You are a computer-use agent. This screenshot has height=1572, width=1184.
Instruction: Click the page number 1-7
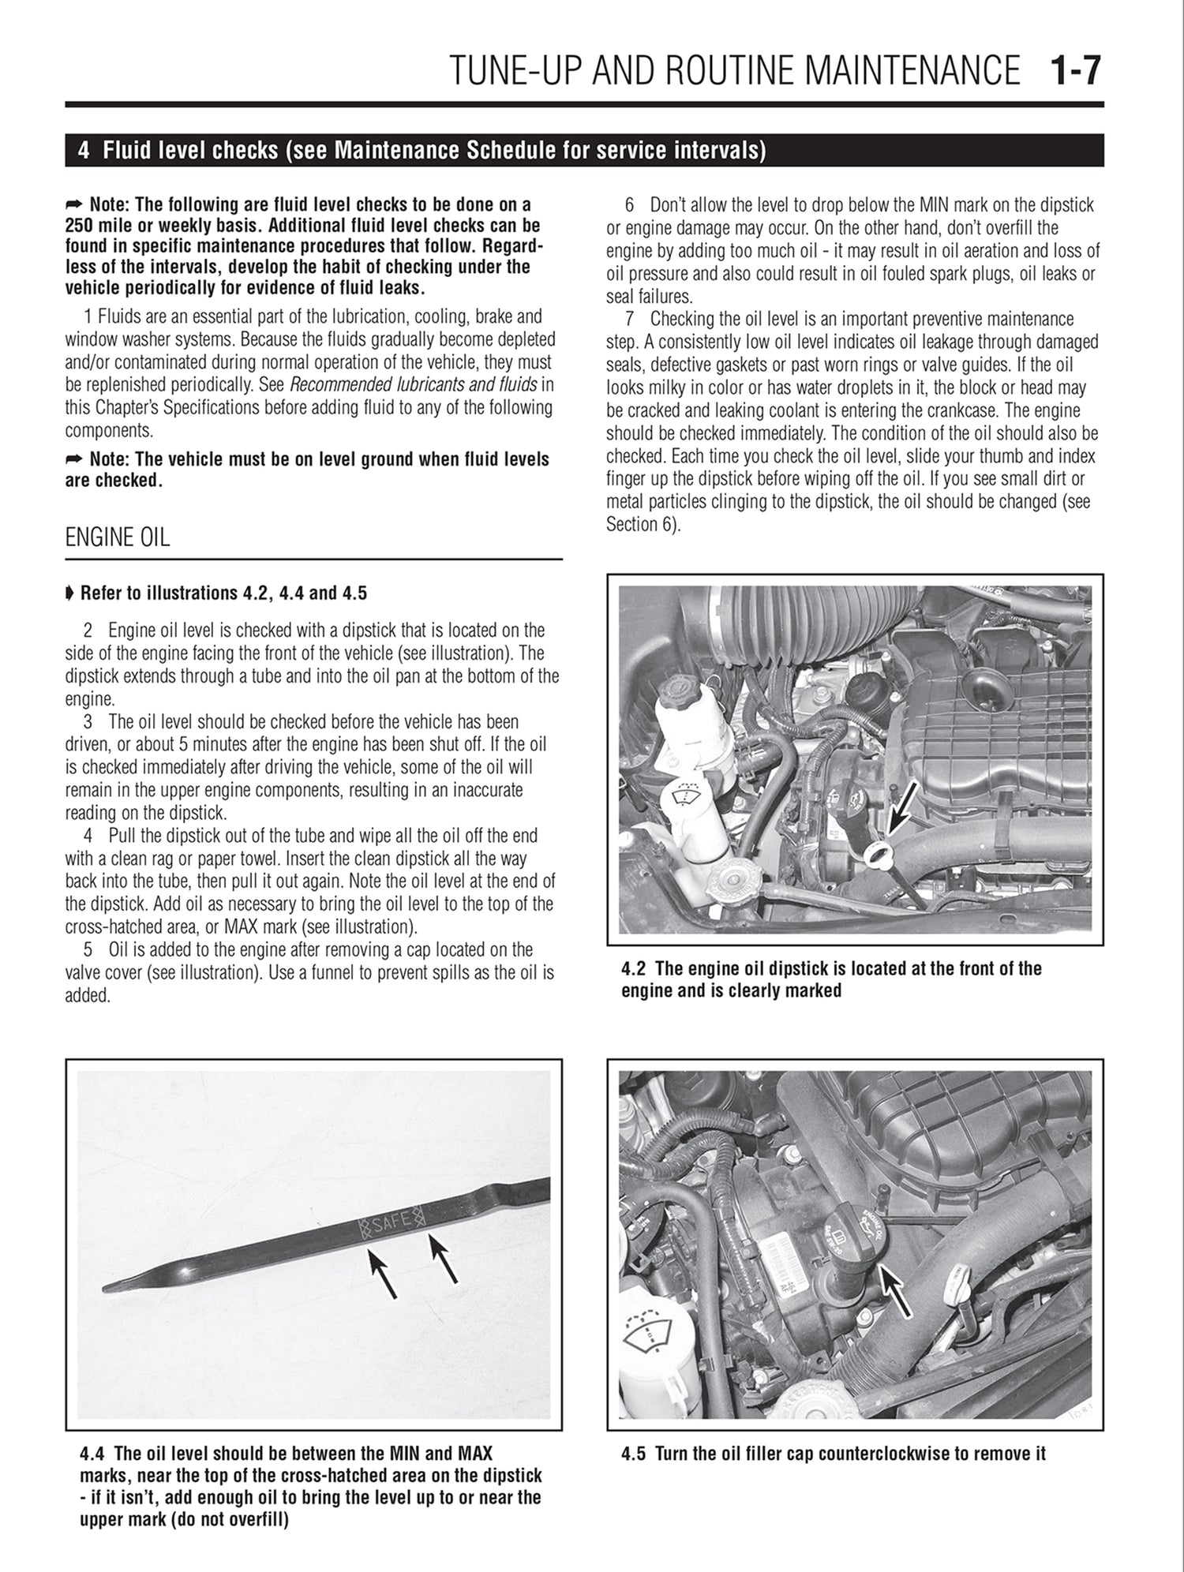[1074, 72]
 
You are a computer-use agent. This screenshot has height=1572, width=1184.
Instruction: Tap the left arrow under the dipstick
[384, 1272]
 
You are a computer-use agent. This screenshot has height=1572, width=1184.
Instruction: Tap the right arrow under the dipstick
[443, 1258]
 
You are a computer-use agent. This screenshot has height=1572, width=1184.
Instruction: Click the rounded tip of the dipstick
[111, 1288]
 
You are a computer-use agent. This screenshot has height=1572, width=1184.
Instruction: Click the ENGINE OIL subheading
[117, 538]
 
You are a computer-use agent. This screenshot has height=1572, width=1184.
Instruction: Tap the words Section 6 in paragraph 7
[641, 524]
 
